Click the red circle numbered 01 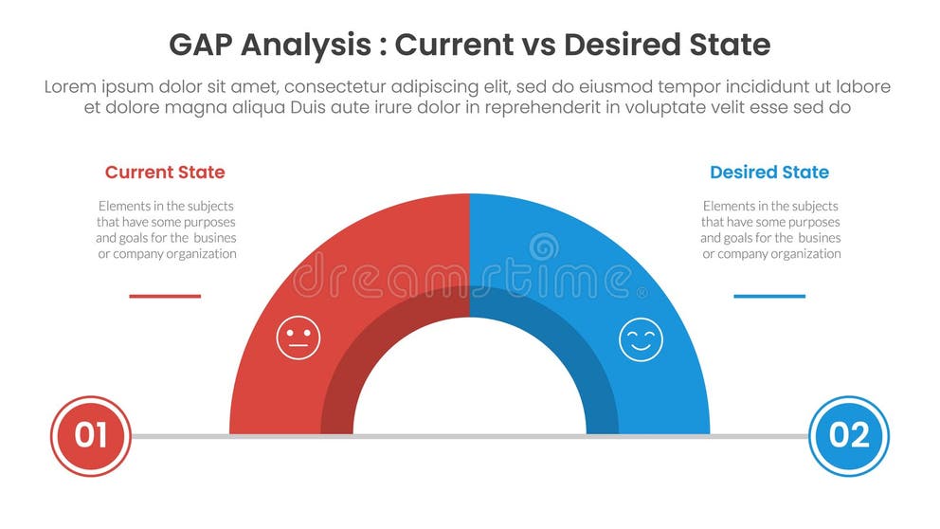pyautogui.click(x=90, y=435)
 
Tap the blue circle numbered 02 pyautogui.click(x=848, y=435)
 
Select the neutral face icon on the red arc pyautogui.click(x=298, y=338)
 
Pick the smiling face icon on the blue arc pyautogui.click(x=641, y=338)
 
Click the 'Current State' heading pyautogui.click(x=165, y=173)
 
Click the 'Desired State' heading pyautogui.click(x=768, y=173)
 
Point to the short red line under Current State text pyautogui.click(x=165, y=296)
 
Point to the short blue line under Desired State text pyautogui.click(x=768, y=296)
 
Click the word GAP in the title pyautogui.click(x=203, y=45)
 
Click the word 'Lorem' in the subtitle pyautogui.click(x=72, y=86)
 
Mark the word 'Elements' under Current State pyautogui.click(x=123, y=206)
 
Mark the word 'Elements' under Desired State pyautogui.click(x=728, y=206)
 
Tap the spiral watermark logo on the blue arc pyautogui.click(x=543, y=248)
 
